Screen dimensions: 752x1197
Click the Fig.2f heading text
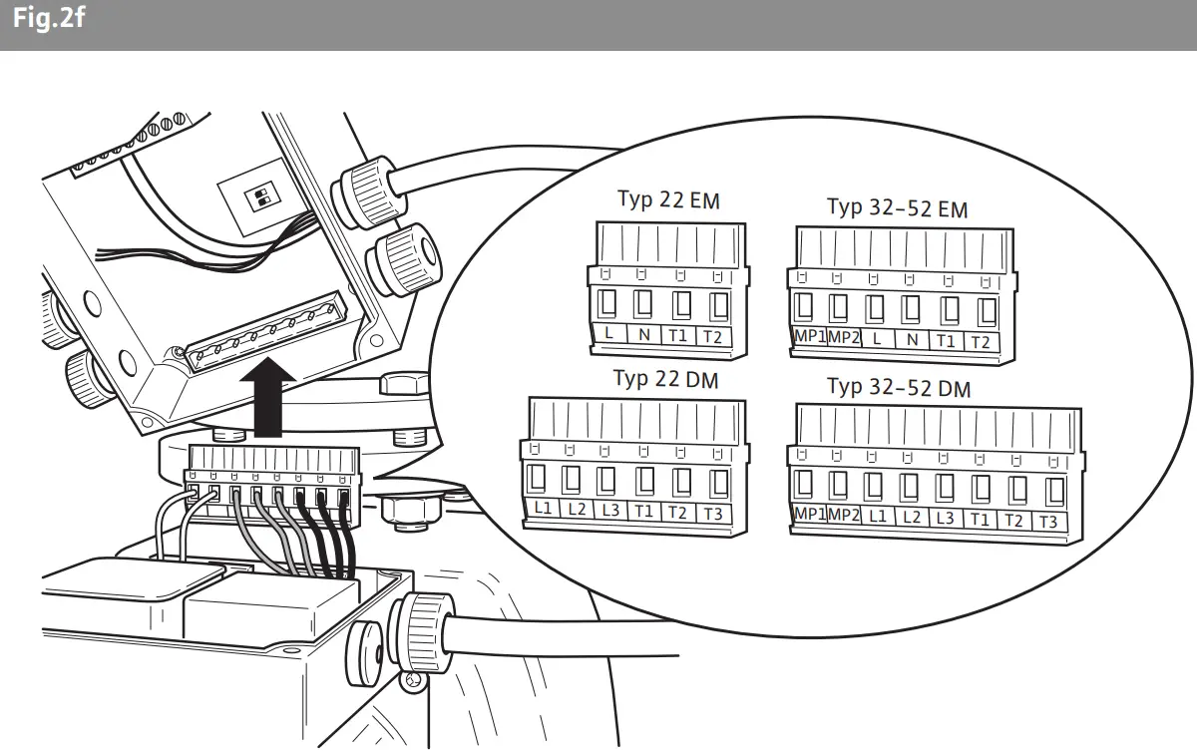pos(48,20)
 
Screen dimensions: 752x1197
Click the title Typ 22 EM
pos(668,199)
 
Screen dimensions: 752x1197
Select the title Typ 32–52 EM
pos(897,208)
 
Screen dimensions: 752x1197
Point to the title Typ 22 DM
pos(665,379)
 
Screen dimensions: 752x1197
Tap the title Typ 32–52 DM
pos(898,387)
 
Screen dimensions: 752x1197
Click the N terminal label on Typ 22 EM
pos(644,335)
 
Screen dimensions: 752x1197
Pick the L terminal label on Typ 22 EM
pos(609,333)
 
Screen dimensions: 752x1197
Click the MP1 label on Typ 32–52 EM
pos(808,338)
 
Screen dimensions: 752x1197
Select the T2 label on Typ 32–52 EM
pos(981,342)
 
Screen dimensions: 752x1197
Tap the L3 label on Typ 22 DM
pos(610,510)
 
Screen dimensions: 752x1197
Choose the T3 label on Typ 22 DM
pos(712,514)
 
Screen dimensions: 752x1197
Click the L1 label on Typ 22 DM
pos(544,508)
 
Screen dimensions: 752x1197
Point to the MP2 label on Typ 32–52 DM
pos(844,515)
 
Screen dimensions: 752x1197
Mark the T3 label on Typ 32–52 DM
pos(1047,522)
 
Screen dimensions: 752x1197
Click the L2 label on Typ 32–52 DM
pos(912,517)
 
